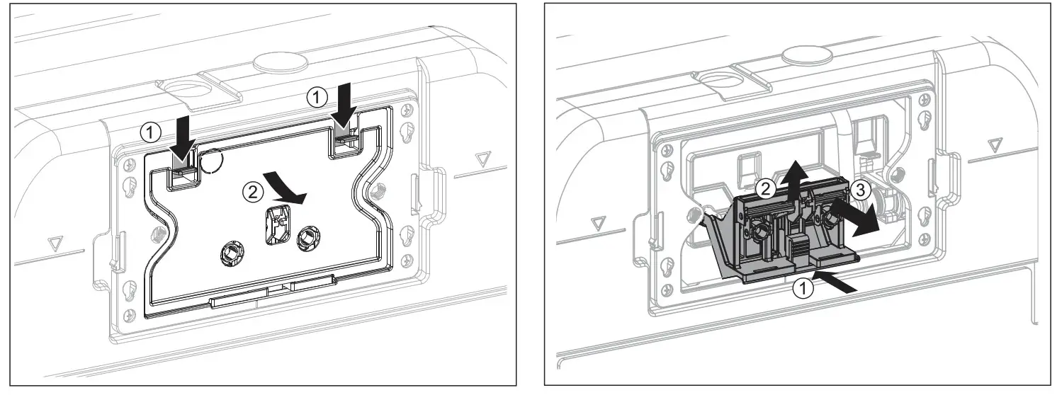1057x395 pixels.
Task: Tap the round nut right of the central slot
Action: point(308,236)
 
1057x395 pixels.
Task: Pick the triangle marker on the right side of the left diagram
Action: point(485,158)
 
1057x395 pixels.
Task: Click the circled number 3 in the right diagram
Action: point(857,189)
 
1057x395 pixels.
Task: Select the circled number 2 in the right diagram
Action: point(764,188)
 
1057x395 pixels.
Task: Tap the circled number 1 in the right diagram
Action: point(802,288)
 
